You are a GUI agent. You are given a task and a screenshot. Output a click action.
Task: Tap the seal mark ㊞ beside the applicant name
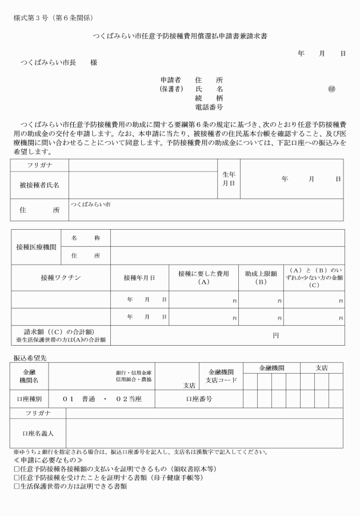pyautogui.click(x=331, y=89)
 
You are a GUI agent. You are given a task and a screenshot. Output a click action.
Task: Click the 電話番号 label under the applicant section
pyautogui.click(x=209, y=107)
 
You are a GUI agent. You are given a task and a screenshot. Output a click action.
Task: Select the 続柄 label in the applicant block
pyautogui.click(x=209, y=98)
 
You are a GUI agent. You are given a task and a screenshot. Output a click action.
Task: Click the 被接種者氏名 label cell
pyautogui.click(x=39, y=185)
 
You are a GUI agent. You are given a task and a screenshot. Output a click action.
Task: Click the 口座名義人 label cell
pyautogui.click(x=38, y=433)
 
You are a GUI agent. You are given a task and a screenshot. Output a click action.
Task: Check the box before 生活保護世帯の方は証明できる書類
pyautogui.click(x=17, y=487)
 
